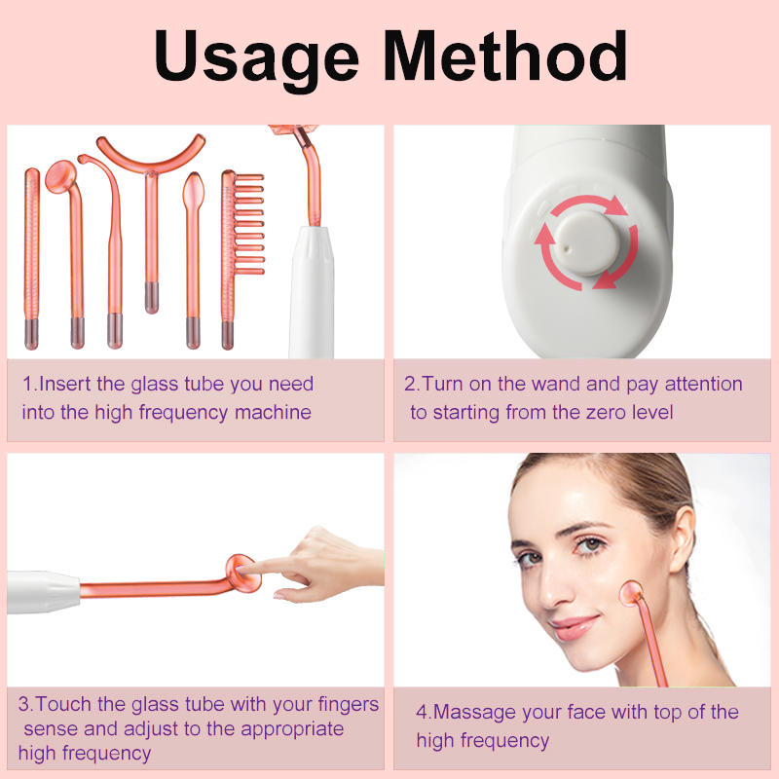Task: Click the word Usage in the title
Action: coord(256,58)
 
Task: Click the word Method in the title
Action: coord(505,55)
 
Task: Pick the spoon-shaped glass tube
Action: coord(193,258)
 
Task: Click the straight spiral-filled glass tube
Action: coord(32,258)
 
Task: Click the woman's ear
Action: coord(682,539)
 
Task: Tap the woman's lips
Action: coord(575,627)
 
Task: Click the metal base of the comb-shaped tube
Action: coord(228,335)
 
